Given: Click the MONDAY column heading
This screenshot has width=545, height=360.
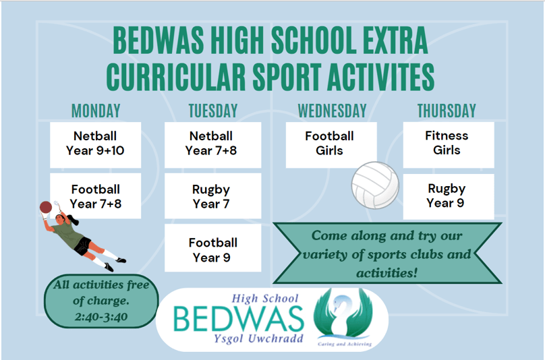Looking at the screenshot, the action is (96, 111).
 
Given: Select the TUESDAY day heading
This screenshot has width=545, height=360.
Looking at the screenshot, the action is (213, 111).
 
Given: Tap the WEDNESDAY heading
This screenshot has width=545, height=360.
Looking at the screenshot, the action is (332, 111).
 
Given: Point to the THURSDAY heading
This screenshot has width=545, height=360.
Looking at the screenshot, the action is (447, 111).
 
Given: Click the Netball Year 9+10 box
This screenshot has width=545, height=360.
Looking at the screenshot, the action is (96, 145).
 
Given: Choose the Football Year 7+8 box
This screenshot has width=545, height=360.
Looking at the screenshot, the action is (96, 196).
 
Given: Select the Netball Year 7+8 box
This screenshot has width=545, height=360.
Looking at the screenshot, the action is (212, 145).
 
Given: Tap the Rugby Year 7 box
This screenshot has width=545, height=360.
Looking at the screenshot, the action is (212, 196).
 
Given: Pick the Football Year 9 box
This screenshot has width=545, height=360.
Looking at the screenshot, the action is (212, 248).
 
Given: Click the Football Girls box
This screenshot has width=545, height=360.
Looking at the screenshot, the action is (331, 145).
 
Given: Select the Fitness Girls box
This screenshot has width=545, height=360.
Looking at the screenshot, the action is (449, 145).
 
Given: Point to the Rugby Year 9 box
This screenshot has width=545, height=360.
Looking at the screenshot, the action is (449, 197).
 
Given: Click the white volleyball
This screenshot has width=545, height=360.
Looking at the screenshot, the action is (375, 185).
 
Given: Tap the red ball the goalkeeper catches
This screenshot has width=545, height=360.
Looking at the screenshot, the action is (46, 207).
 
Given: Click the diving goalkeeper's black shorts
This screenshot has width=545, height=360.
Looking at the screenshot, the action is (83, 245).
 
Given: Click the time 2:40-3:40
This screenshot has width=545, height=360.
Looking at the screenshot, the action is (101, 317).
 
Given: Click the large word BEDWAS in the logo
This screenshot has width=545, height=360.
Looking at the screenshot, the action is (239, 319).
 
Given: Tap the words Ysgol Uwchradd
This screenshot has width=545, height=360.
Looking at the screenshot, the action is (258, 338).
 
